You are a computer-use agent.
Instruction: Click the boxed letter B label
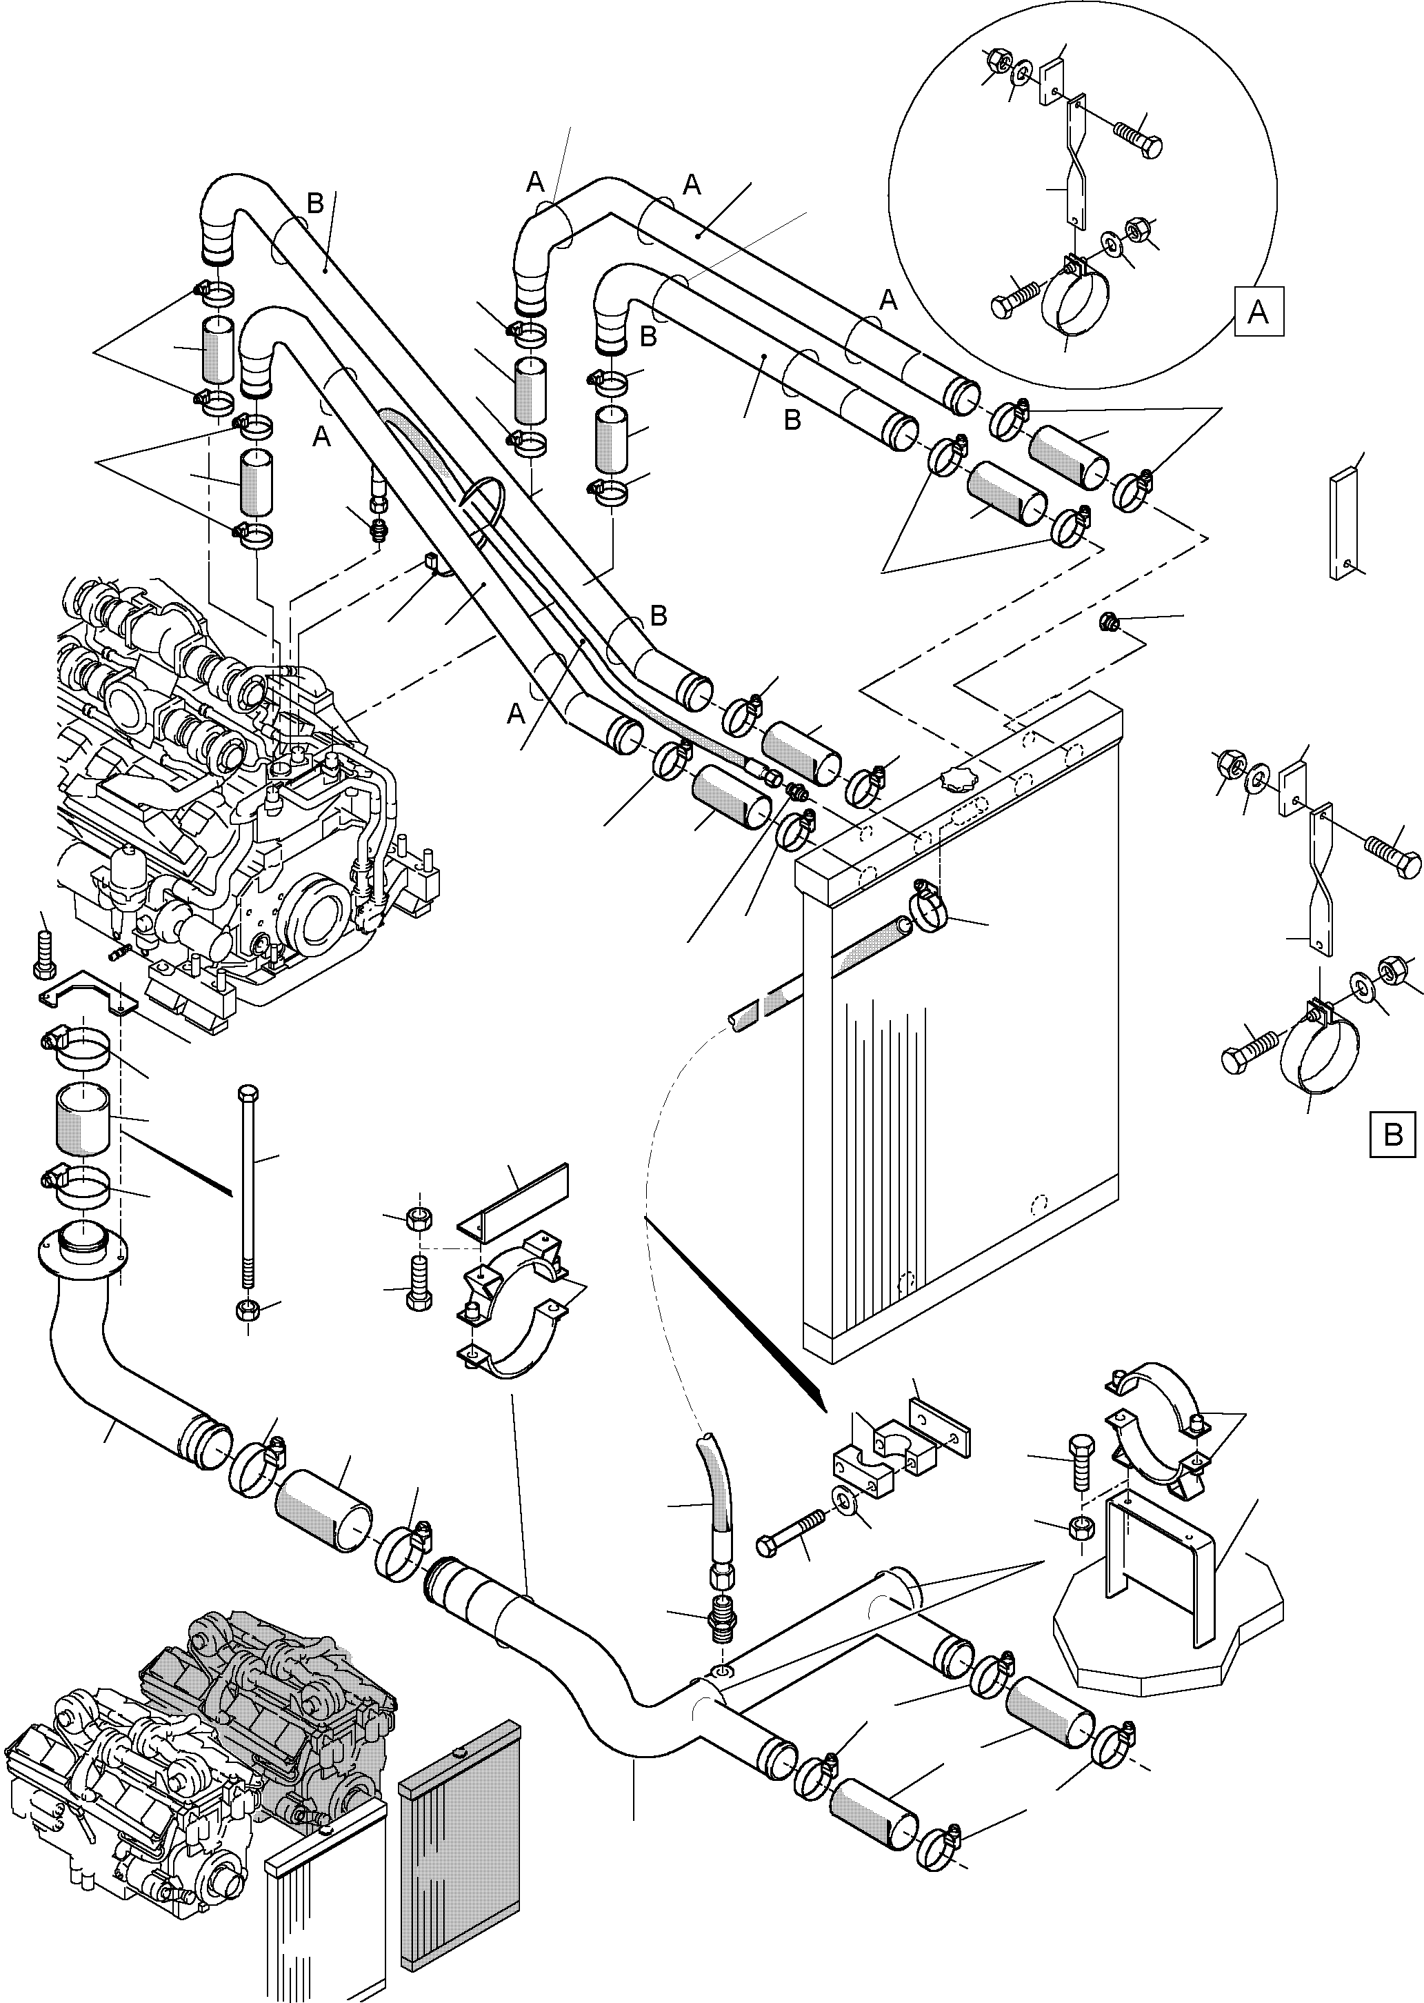(1392, 1135)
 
